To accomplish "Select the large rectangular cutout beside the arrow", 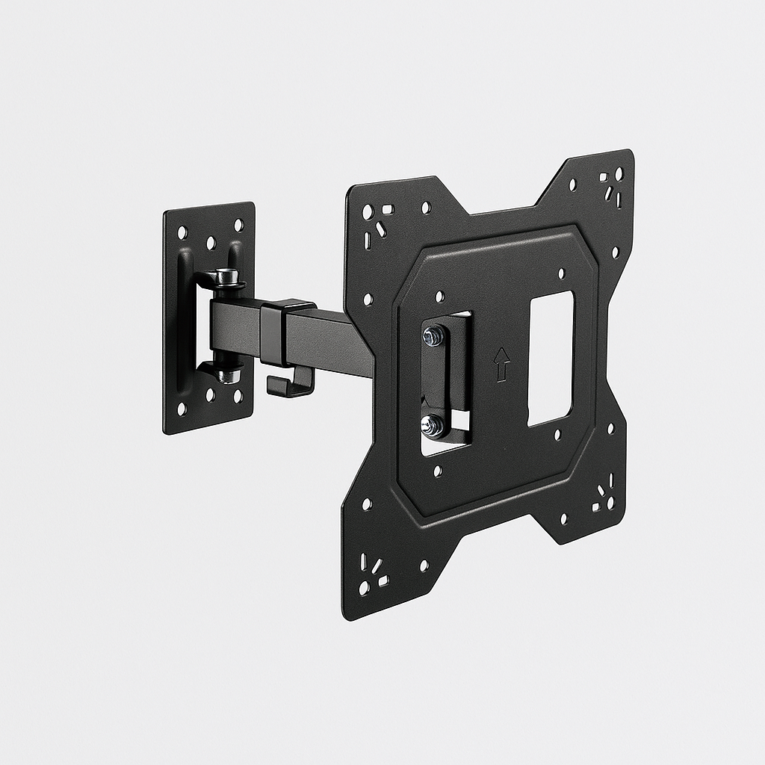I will click(x=551, y=359).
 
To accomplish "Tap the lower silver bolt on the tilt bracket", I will click(x=432, y=425).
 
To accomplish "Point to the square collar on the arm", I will click(x=287, y=333).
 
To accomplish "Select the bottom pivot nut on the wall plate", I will click(x=229, y=374).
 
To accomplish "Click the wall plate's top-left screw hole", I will click(x=182, y=233).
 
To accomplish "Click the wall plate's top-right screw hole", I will click(x=238, y=225).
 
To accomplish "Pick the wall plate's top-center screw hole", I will click(x=211, y=243).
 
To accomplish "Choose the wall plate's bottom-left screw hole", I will click(x=182, y=409).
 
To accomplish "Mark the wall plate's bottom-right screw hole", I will click(x=238, y=396).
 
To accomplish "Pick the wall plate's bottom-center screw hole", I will click(x=211, y=394).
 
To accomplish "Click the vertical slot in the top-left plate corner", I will click(x=368, y=241).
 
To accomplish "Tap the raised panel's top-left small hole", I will click(x=440, y=297).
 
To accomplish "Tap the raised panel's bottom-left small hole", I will click(x=438, y=471).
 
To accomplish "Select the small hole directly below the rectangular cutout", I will click(x=557, y=435).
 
